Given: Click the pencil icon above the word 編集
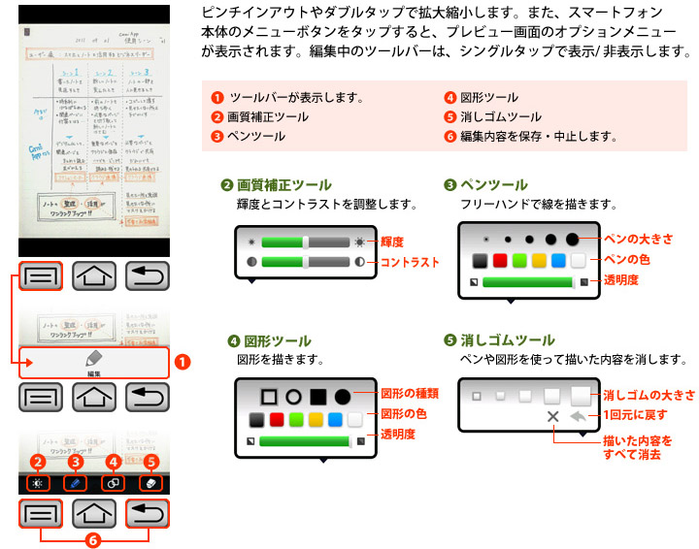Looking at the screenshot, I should pyautogui.click(x=93, y=356).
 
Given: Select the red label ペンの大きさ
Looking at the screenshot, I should pyautogui.click(x=638, y=239).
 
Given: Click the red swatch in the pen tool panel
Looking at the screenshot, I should pyautogui.click(x=500, y=260).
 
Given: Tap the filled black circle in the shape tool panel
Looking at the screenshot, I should pyautogui.click(x=343, y=396).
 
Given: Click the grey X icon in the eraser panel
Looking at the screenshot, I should pyautogui.click(x=553, y=417).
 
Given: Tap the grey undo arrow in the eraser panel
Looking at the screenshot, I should pyautogui.click(x=581, y=417).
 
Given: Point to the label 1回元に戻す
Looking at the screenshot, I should pyautogui.click(x=637, y=415).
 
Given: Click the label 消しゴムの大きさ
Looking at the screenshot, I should pyautogui.click(x=649, y=396).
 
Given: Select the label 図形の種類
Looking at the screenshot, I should pyautogui.click(x=410, y=394).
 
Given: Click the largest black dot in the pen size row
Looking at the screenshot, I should pyautogui.click(x=573, y=238).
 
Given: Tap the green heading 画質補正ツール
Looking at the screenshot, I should pyautogui.click(x=283, y=185).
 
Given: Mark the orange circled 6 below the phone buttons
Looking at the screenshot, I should pyautogui.click(x=93, y=539).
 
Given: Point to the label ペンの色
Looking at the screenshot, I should pyautogui.click(x=627, y=260).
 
